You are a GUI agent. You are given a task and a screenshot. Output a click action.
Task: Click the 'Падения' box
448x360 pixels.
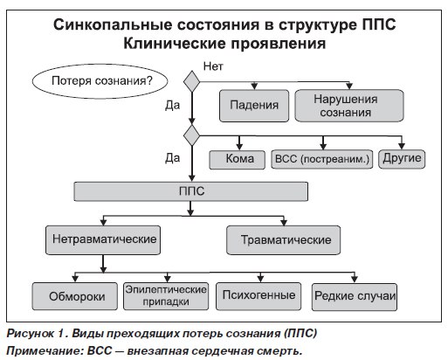coord(253,106)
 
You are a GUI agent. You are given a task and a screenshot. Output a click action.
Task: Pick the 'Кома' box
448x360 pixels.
coord(238,159)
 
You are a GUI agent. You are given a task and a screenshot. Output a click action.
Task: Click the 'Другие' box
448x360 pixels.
coord(402,158)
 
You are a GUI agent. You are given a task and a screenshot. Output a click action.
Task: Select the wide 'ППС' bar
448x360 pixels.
coord(190,190)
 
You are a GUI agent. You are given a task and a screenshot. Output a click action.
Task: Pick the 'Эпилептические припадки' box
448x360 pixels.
coord(165,294)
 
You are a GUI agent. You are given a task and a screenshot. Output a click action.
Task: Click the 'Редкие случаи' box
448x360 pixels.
coord(355,294)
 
